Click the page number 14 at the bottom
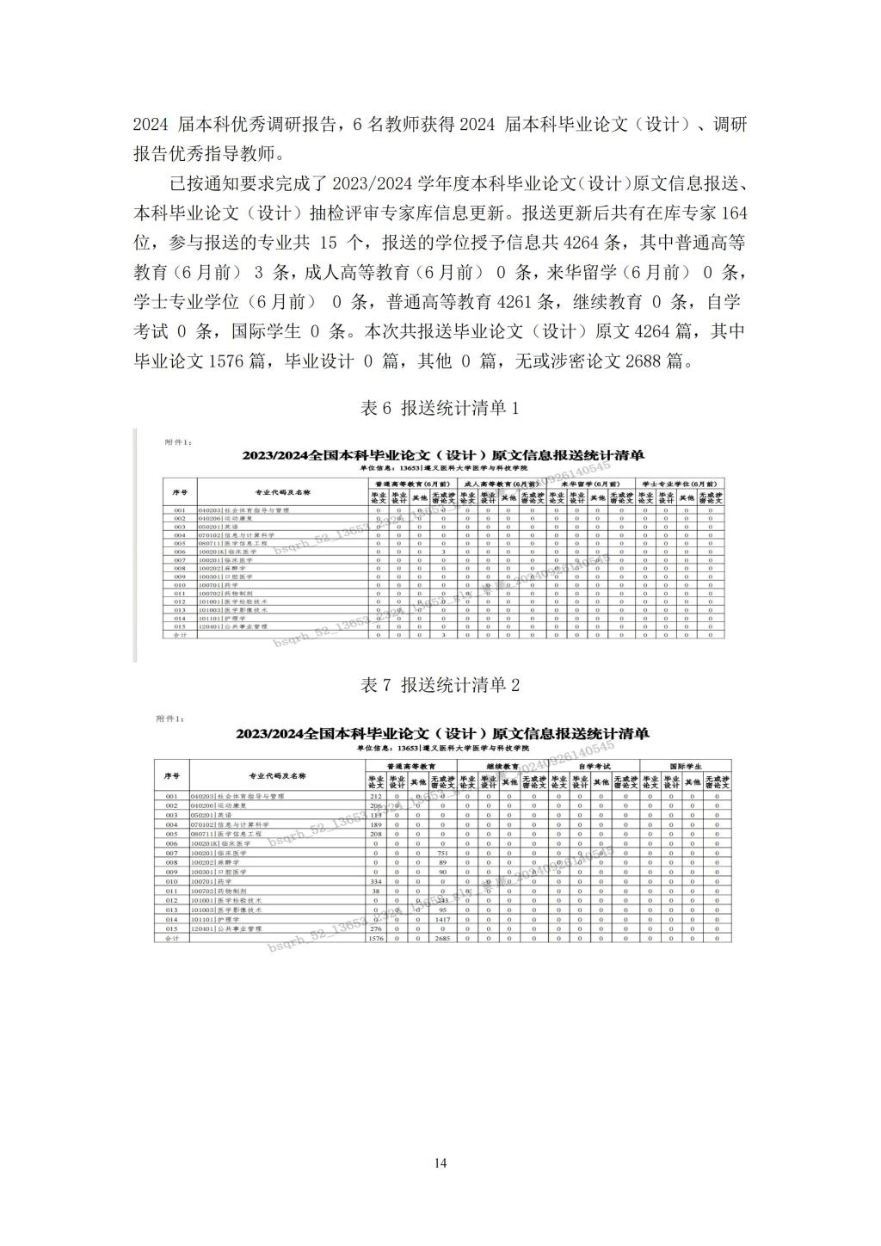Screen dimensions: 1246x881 point(440,1163)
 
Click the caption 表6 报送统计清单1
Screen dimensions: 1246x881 point(440,409)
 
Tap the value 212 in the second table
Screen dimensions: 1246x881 point(376,797)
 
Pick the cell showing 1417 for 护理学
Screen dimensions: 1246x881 point(442,920)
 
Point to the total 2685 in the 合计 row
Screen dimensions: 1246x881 point(442,939)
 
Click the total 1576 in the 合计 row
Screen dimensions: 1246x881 point(376,939)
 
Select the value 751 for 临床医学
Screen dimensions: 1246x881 point(442,853)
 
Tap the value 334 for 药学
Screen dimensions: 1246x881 point(376,882)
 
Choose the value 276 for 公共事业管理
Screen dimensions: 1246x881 point(376,929)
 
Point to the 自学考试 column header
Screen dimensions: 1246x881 point(594,765)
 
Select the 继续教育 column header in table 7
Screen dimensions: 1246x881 point(502,765)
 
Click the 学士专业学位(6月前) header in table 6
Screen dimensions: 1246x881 point(678,484)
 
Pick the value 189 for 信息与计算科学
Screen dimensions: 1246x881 point(376,824)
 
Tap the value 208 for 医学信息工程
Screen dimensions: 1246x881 point(376,834)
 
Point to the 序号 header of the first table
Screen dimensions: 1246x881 point(180,492)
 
